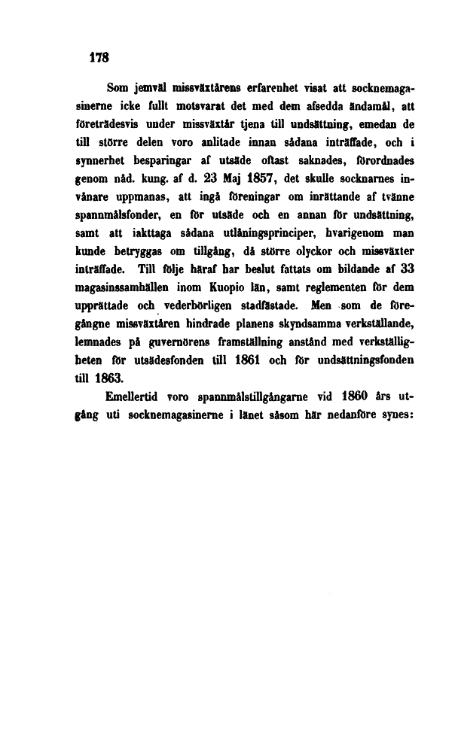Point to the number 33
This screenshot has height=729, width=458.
(x=408, y=267)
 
